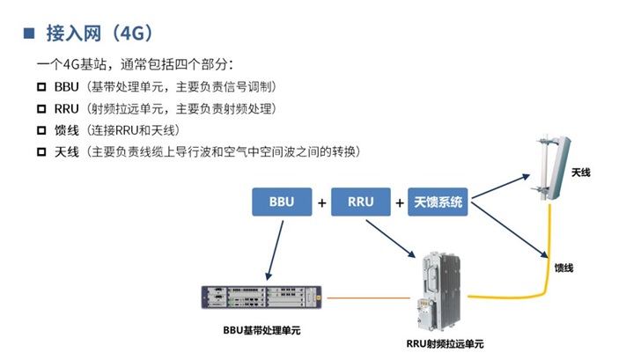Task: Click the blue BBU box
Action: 282,202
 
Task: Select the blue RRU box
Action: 361,202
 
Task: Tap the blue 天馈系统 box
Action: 438,202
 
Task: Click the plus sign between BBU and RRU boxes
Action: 321,202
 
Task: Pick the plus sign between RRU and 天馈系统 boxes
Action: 399,202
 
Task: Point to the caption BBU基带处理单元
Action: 262,332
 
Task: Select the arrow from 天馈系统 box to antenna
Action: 502,184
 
